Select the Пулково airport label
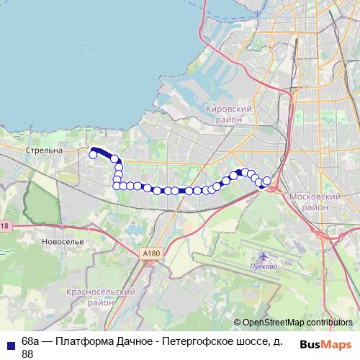click(264, 266)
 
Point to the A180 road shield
click(150, 253)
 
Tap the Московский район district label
click(315, 201)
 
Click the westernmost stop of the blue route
click(93, 154)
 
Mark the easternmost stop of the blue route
click(267, 181)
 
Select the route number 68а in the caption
click(30, 341)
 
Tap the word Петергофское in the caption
click(194, 341)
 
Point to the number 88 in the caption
click(27, 354)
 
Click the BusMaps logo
click(326, 344)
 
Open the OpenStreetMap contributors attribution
click(297, 323)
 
